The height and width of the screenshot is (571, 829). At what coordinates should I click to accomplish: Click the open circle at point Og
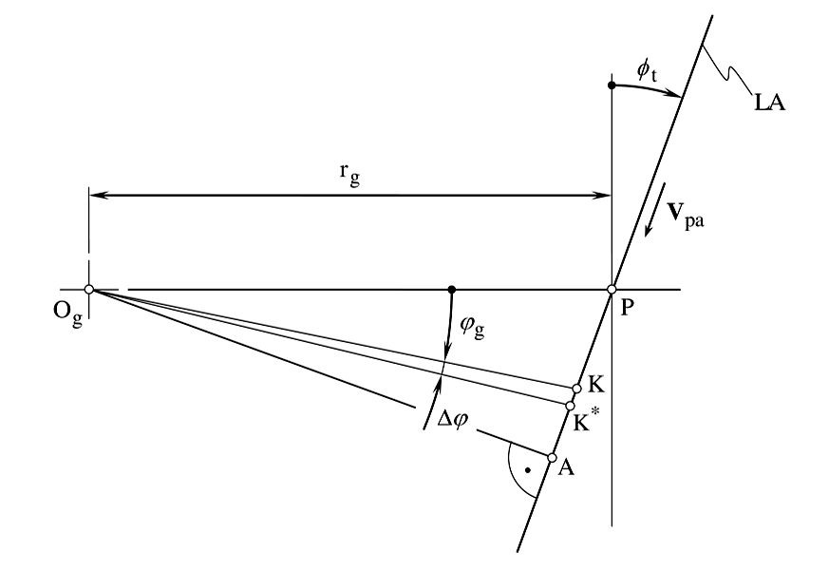point(89,290)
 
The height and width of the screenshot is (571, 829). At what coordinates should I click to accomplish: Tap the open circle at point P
point(612,290)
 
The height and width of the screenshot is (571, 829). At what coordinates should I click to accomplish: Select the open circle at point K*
point(570,406)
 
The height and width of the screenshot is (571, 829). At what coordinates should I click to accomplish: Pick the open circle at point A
point(552,458)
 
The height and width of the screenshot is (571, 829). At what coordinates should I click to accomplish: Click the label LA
point(769,104)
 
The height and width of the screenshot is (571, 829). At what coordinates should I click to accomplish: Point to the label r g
point(349,174)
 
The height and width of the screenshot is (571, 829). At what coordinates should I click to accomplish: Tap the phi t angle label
point(647,72)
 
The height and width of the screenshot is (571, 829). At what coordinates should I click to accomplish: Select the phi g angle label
point(472,327)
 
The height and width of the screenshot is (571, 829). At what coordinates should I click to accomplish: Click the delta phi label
point(453,420)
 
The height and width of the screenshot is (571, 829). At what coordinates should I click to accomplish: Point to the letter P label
point(627,308)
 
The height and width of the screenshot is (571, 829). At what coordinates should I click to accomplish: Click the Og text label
point(67,313)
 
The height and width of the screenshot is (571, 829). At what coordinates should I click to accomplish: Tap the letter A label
point(566,467)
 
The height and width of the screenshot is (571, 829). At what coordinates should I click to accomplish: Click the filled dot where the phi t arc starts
point(612,86)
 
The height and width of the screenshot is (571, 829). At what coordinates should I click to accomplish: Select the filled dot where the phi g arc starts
point(451,290)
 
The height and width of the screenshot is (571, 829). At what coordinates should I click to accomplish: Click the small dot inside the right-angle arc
point(527,470)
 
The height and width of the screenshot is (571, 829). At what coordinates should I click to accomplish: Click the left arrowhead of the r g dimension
point(99,196)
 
